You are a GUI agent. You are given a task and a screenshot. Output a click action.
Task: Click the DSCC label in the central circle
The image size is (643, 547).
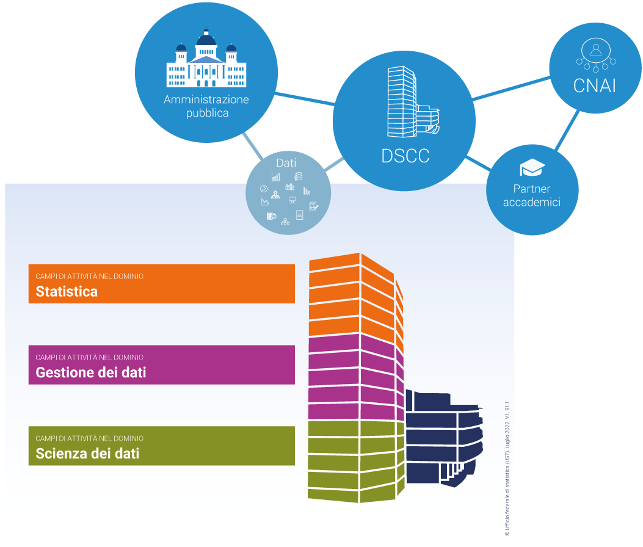point(405,156)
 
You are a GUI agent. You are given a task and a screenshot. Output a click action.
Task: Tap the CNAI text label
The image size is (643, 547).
point(594,86)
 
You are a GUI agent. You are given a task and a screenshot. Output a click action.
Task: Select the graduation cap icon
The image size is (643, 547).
point(531,168)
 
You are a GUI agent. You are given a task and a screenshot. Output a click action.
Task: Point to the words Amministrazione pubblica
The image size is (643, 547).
point(206,106)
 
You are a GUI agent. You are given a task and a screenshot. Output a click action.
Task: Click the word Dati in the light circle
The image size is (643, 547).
point(286,163)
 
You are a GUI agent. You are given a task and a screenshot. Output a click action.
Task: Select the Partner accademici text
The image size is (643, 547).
point(531,195)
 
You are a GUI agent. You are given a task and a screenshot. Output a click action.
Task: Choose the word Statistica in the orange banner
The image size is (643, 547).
point(67,291)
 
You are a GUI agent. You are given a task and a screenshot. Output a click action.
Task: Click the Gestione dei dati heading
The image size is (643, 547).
point(91,372)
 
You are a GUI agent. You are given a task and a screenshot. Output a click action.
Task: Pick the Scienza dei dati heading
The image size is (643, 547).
point(87,454)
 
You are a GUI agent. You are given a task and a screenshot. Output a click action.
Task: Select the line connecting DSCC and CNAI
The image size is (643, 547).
point(511,90)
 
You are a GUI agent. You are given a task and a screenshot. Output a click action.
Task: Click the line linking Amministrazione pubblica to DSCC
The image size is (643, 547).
point(303,100)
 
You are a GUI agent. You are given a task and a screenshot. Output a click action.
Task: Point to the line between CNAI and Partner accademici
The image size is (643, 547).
point(569,129)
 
